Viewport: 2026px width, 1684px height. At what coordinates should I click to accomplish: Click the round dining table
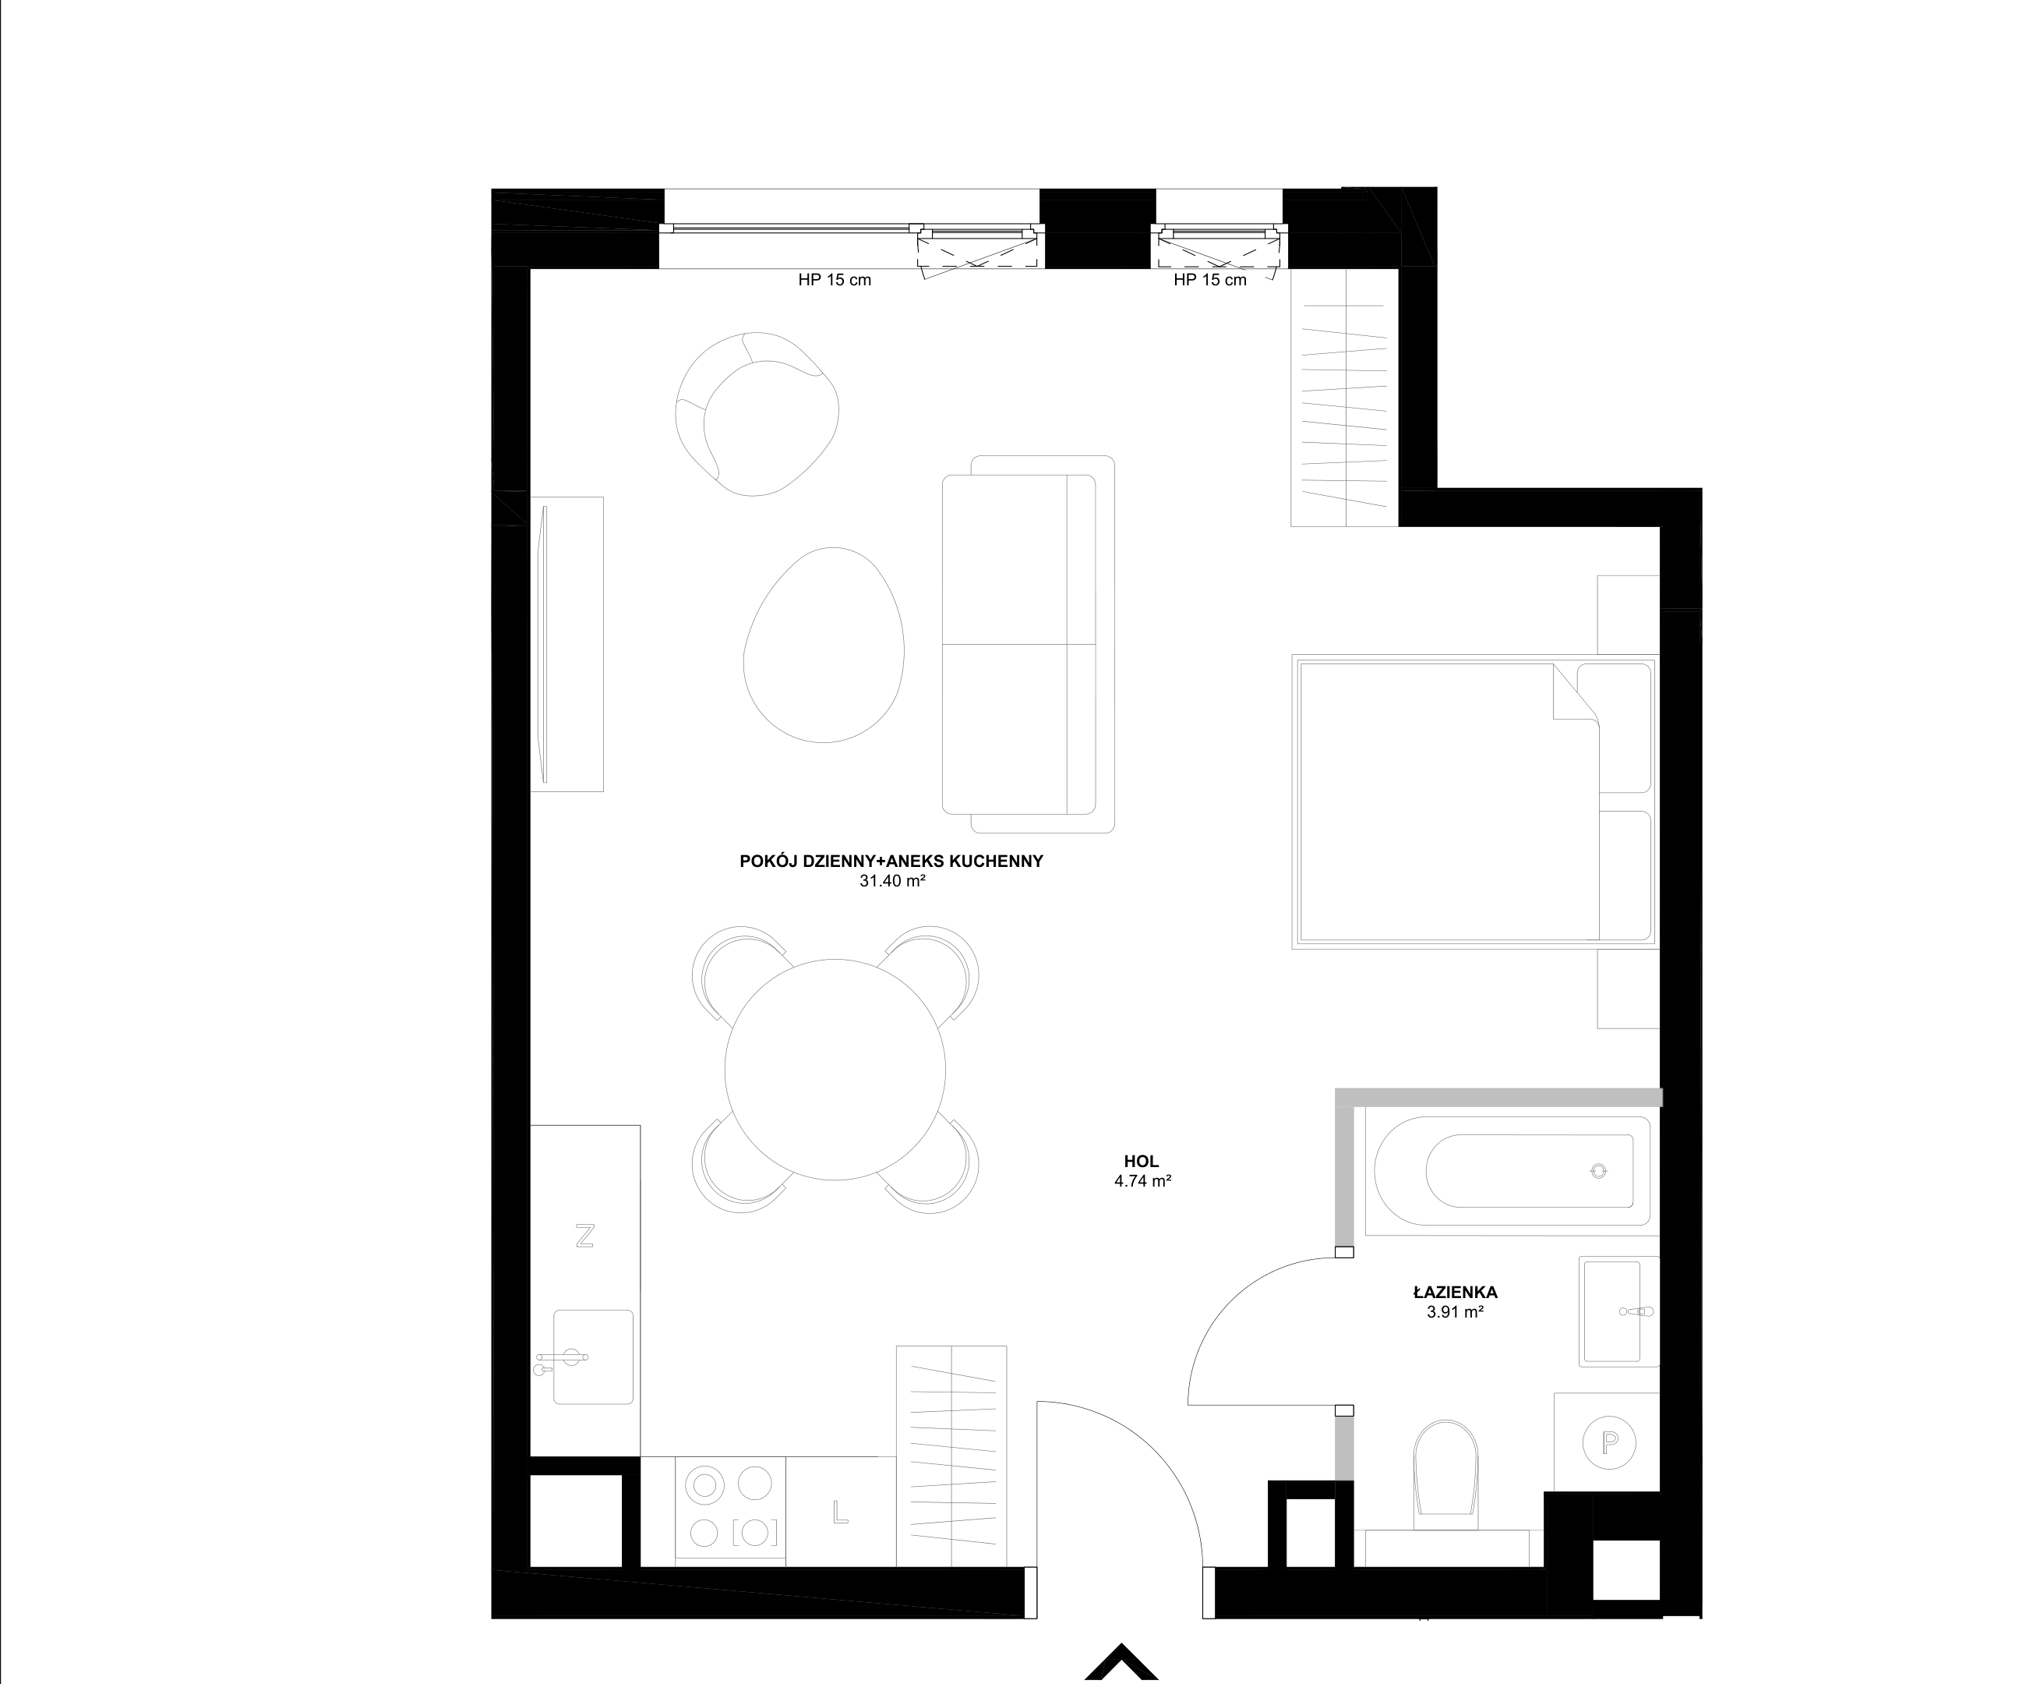[x=835, y=1070]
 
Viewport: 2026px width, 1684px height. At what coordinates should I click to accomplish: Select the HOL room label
[x=1142, y=1162]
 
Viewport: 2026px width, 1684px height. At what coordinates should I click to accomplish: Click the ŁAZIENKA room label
[x=1455, y=1292]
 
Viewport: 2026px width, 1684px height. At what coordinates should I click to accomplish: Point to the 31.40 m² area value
[x=892, y=880]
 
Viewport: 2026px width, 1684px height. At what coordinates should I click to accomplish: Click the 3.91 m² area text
[x=1455, y=1312]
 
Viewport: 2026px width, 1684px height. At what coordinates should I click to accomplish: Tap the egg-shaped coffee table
[x=824, y=645]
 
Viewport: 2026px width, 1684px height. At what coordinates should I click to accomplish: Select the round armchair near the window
[x=757, y=413]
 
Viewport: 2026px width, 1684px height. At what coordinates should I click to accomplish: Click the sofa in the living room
[x=1029, y=644]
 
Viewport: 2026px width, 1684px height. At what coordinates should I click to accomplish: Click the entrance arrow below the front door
[x=1121, y=1662]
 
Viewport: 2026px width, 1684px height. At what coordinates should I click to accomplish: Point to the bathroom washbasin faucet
[x=1637, y=1312]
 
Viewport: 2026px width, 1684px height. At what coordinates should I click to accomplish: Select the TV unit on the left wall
[x=567, y=645]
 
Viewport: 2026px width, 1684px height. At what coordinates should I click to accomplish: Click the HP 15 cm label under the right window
[x=1210, y=280]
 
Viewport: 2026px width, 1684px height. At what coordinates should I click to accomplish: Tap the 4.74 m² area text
[x=1142, y=1180]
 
